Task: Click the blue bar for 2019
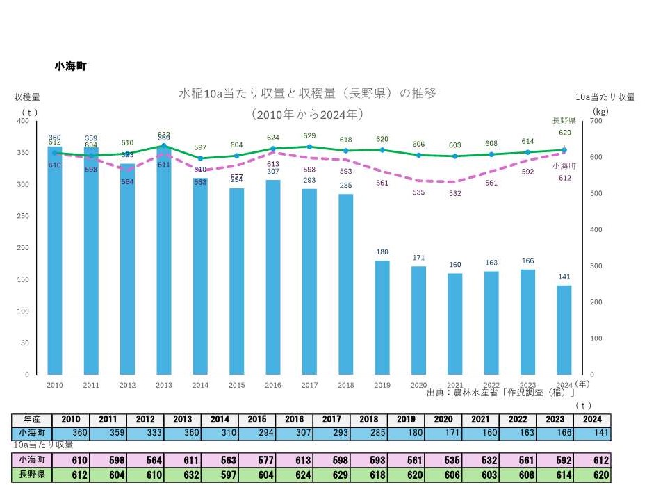[382, 318]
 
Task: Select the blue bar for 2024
[564, 330]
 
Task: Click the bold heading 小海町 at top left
[70, 66]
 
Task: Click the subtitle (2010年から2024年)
[308, 113]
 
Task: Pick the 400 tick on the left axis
[23, 121]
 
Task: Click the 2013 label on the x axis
[163, 384]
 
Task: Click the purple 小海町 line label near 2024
[564, 165]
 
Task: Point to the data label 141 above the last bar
[564, 277]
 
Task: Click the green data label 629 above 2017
[309, 136]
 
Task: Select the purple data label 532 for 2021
[454, 193]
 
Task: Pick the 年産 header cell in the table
[32, 420]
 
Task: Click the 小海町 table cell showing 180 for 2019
[405, 434]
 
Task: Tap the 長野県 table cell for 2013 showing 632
[182, 474]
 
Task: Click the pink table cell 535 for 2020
[443, 460]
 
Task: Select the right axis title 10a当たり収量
[605, 97]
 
